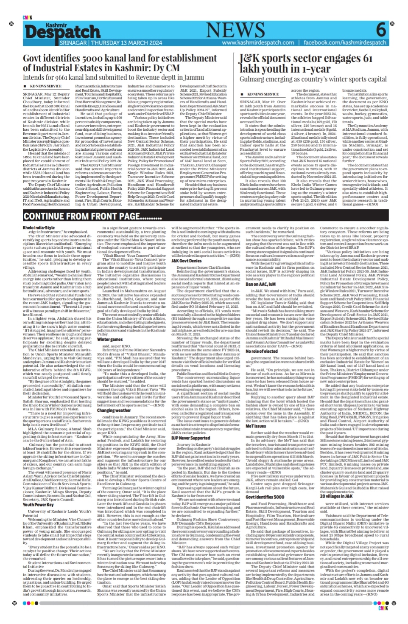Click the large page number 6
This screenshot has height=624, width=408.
tap(381, 30)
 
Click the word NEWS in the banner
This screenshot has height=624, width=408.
tap(235, 30)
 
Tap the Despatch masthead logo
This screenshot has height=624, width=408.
tap(62, 31)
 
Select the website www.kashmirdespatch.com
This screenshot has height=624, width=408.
tap(258, 42)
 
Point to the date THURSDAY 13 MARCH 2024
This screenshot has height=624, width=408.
tap(126, 42)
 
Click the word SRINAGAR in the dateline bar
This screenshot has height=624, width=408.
tap(73, 42)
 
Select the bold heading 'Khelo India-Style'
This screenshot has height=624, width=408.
tap(39, 228)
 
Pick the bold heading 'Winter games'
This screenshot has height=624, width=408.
tap(110, 340)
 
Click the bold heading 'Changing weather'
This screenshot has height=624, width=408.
tap(114, 410)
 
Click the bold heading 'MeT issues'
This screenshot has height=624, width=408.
tap(256, 426)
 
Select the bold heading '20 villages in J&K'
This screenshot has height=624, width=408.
tap(336, 496)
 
